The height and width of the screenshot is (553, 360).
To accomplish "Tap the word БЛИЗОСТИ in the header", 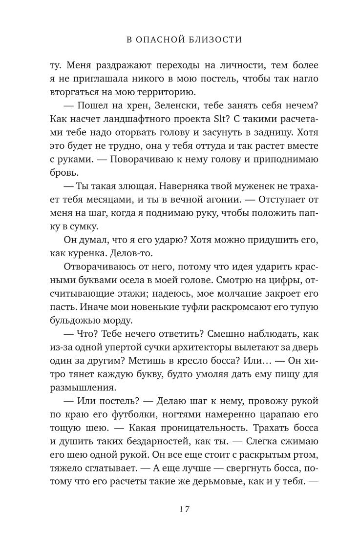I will coord(215,39).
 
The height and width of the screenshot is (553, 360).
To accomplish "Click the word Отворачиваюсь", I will coord(99,269).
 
